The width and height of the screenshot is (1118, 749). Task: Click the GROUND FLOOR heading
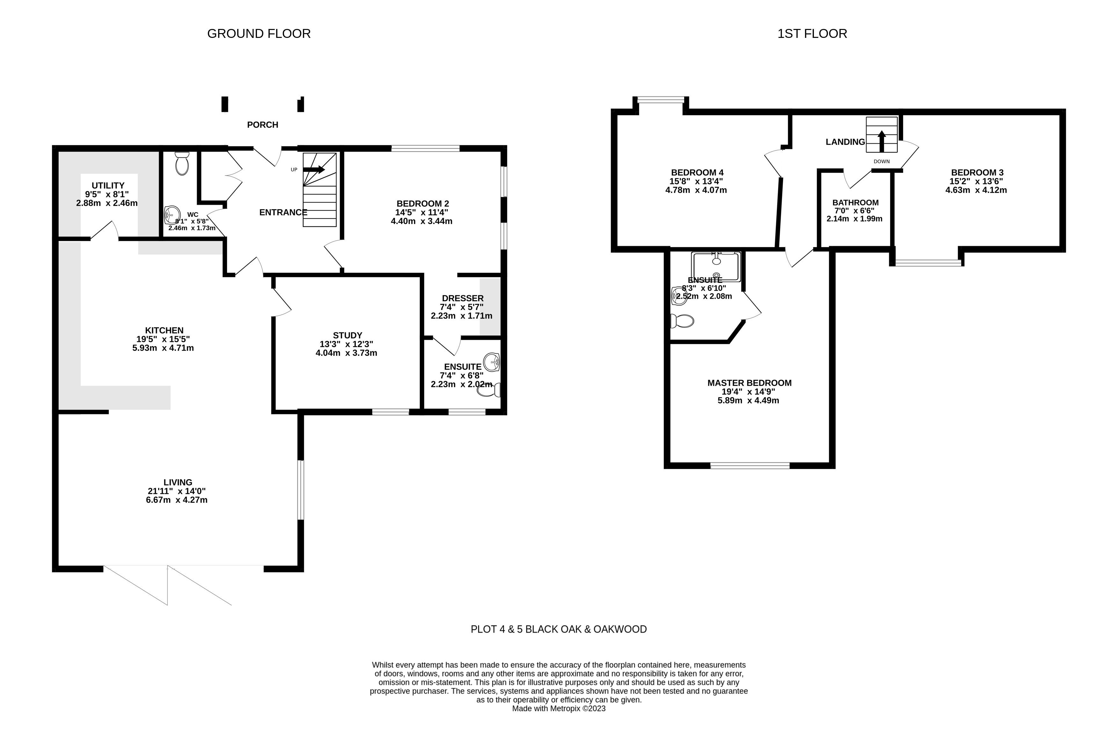point(259,33)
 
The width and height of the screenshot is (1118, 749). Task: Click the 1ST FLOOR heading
point(812,33)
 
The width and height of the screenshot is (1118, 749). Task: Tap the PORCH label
point(263,125)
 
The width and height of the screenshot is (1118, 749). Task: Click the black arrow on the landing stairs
point(882,141)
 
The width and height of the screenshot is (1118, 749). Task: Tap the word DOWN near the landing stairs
point(882,161)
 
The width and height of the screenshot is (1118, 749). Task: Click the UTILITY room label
point(108,185)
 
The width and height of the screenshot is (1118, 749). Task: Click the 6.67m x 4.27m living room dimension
point(177,500)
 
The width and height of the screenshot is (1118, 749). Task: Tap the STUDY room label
point(347,335)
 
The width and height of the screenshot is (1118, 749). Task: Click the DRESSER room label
point(462,298)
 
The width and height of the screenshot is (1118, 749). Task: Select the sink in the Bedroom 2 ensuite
point(492,362)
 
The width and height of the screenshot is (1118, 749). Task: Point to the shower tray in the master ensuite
point(716,267)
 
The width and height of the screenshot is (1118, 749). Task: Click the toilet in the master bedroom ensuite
point(682,321)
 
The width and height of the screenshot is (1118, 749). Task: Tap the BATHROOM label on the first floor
point(856,203)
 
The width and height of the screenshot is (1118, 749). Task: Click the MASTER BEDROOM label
point(749,383)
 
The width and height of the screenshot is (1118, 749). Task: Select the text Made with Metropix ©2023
point(559,708)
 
